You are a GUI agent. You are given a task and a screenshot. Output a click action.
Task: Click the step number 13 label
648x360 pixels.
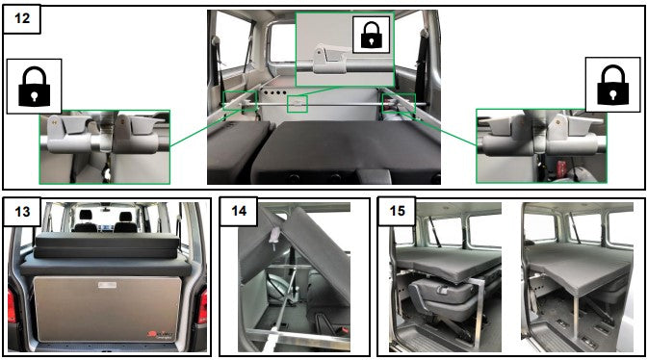22,213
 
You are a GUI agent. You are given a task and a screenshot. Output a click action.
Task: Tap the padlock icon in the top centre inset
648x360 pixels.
370,36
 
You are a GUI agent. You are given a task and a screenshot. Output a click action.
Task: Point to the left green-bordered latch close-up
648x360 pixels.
104,145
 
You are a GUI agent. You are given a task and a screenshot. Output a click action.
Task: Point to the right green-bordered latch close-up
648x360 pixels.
541,145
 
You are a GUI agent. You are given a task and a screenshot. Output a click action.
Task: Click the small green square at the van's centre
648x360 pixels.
298,102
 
